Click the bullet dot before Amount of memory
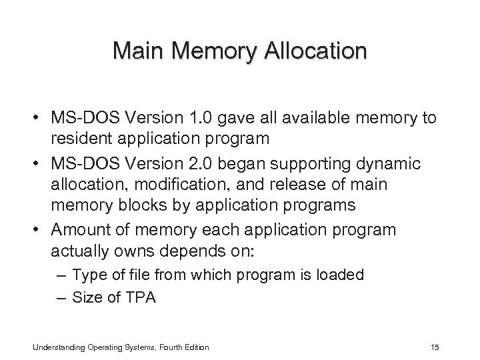(x=39, y=230)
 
